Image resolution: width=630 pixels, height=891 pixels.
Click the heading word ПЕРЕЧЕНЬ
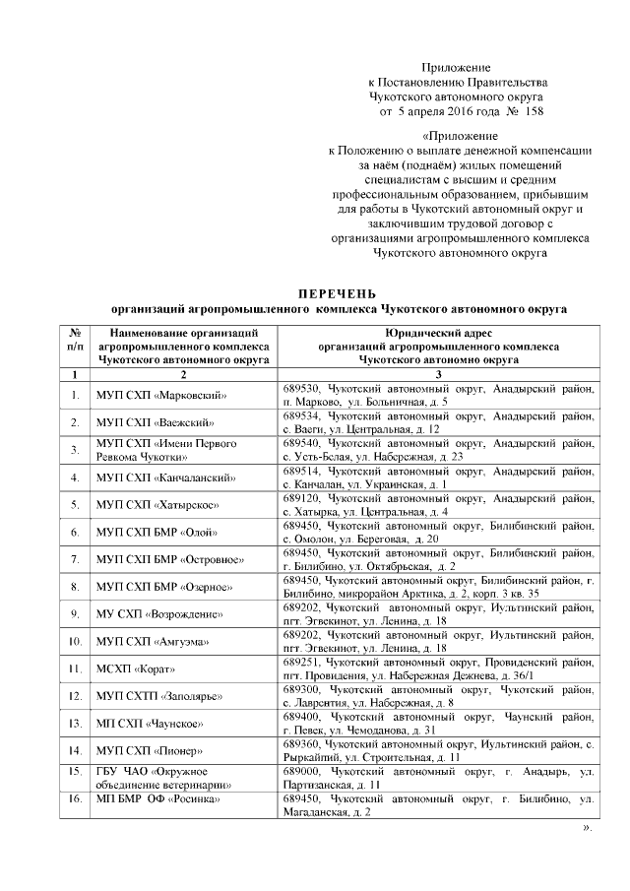tap(338, 294)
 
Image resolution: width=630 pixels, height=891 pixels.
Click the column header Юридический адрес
tap(438, 334)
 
